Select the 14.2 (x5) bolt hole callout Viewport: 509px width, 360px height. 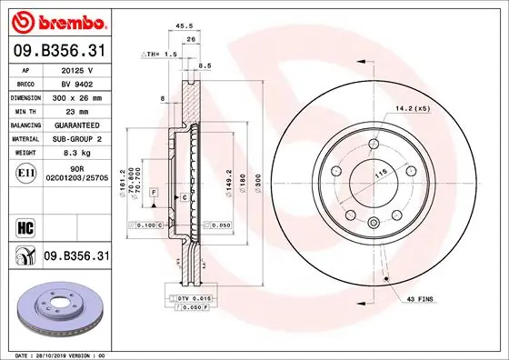[x=411, y=110]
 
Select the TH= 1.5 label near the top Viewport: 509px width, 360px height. [x=159, y=55]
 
